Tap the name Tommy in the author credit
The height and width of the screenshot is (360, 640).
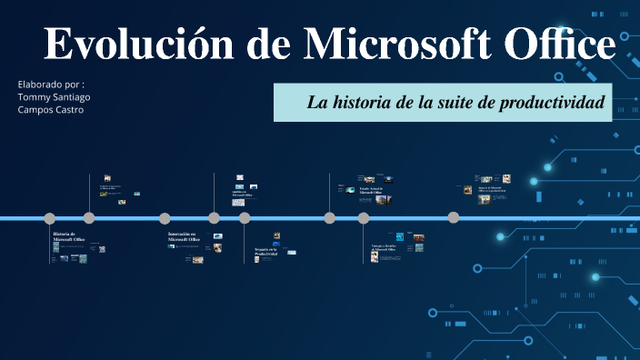coord(35,96)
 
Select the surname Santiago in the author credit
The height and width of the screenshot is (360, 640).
coord(72,96)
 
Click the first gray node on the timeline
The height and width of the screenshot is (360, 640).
coord(49,218)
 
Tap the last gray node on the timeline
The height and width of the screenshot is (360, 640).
coord(453,217)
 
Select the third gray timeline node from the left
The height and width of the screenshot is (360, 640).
coord(165,218)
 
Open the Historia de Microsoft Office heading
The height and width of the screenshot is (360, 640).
coord(69,236)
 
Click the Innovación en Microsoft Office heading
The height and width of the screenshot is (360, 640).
coord(184,236)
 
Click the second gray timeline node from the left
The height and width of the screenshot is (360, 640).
coord(89,218)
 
